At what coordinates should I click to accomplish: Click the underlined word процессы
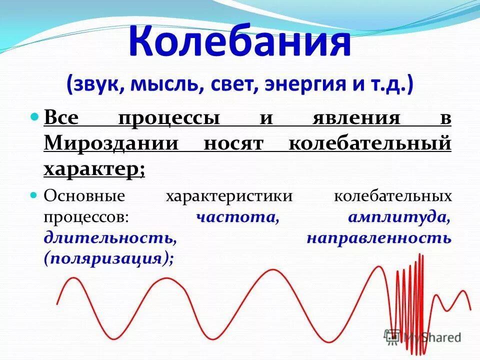click(x=169, y=118)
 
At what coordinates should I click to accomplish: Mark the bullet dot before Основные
click(x=34, y=194)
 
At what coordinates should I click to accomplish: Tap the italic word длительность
click(x=109, y=238)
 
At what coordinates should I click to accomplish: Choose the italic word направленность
click(x=379, y=238)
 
